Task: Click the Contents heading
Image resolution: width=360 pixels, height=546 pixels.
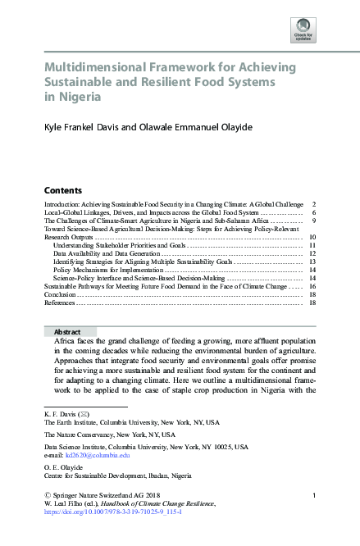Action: (62, 189)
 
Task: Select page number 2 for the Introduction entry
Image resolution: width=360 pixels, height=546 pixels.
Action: (314, 203)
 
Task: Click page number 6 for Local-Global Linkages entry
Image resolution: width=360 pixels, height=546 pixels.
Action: (314, 212)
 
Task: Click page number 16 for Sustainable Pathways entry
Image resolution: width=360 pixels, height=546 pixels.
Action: (313, 287)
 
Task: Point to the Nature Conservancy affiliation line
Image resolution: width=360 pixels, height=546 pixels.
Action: (109, 434)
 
